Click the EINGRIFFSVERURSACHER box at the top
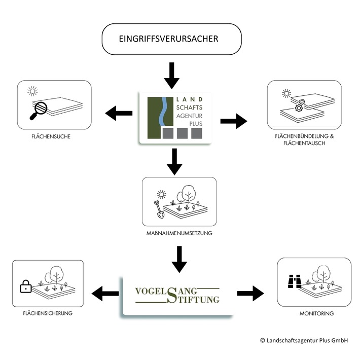pyautogui.click(x=171, y=39)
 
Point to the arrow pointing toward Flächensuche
pyautogui.click(x=119, y=114)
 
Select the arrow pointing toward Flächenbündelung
pyautogui.click(x=233, y=121)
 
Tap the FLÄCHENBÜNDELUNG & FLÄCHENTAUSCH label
pyautogui.click(x=304, y=140)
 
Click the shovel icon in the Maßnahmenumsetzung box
pyautogui.click(x=159, y=209)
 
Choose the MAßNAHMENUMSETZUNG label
pyautogui.click(x=179, y=233)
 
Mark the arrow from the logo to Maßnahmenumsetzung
pyautogui.click(x=174, y=161)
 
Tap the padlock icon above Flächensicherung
pyautogui.click(x=25, y=287)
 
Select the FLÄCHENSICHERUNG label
pyautogui.click(x=48, y=313)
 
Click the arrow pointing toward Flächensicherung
pyautogui.click(x=104, y=293)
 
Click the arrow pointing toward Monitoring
pyautogui.click(x=250, y=293)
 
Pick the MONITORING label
pyautogui.click(x=316, y=314)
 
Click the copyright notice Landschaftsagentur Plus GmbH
pyautogui.click(x=303, y=341)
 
